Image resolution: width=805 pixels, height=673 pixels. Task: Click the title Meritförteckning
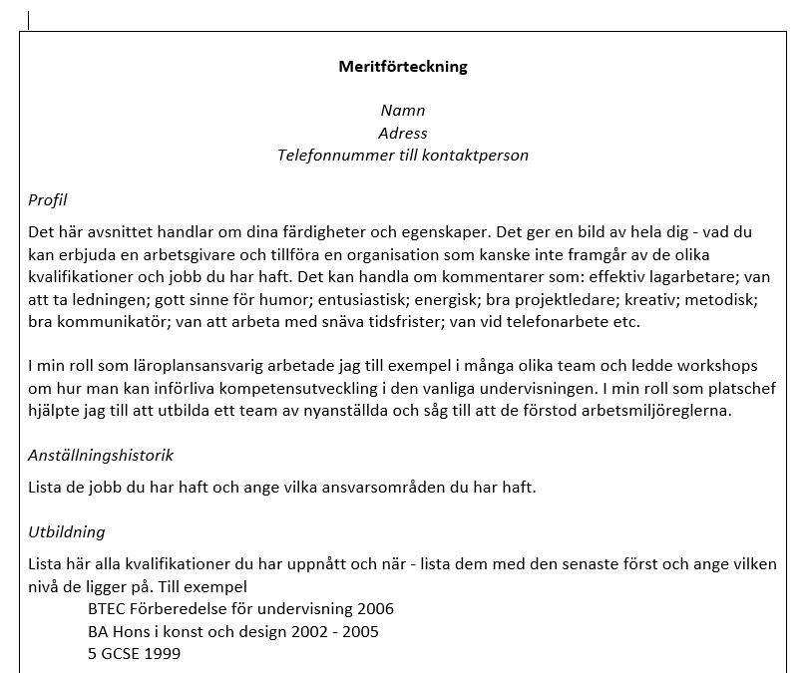402,67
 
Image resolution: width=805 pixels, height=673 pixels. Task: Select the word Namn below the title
402,110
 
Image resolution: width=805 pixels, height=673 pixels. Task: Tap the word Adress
402,133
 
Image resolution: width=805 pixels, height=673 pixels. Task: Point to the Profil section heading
47,199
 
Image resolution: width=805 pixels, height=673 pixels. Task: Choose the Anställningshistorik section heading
100,455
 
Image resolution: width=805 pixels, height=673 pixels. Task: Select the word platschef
712,388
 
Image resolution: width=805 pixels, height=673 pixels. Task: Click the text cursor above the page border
28,19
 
